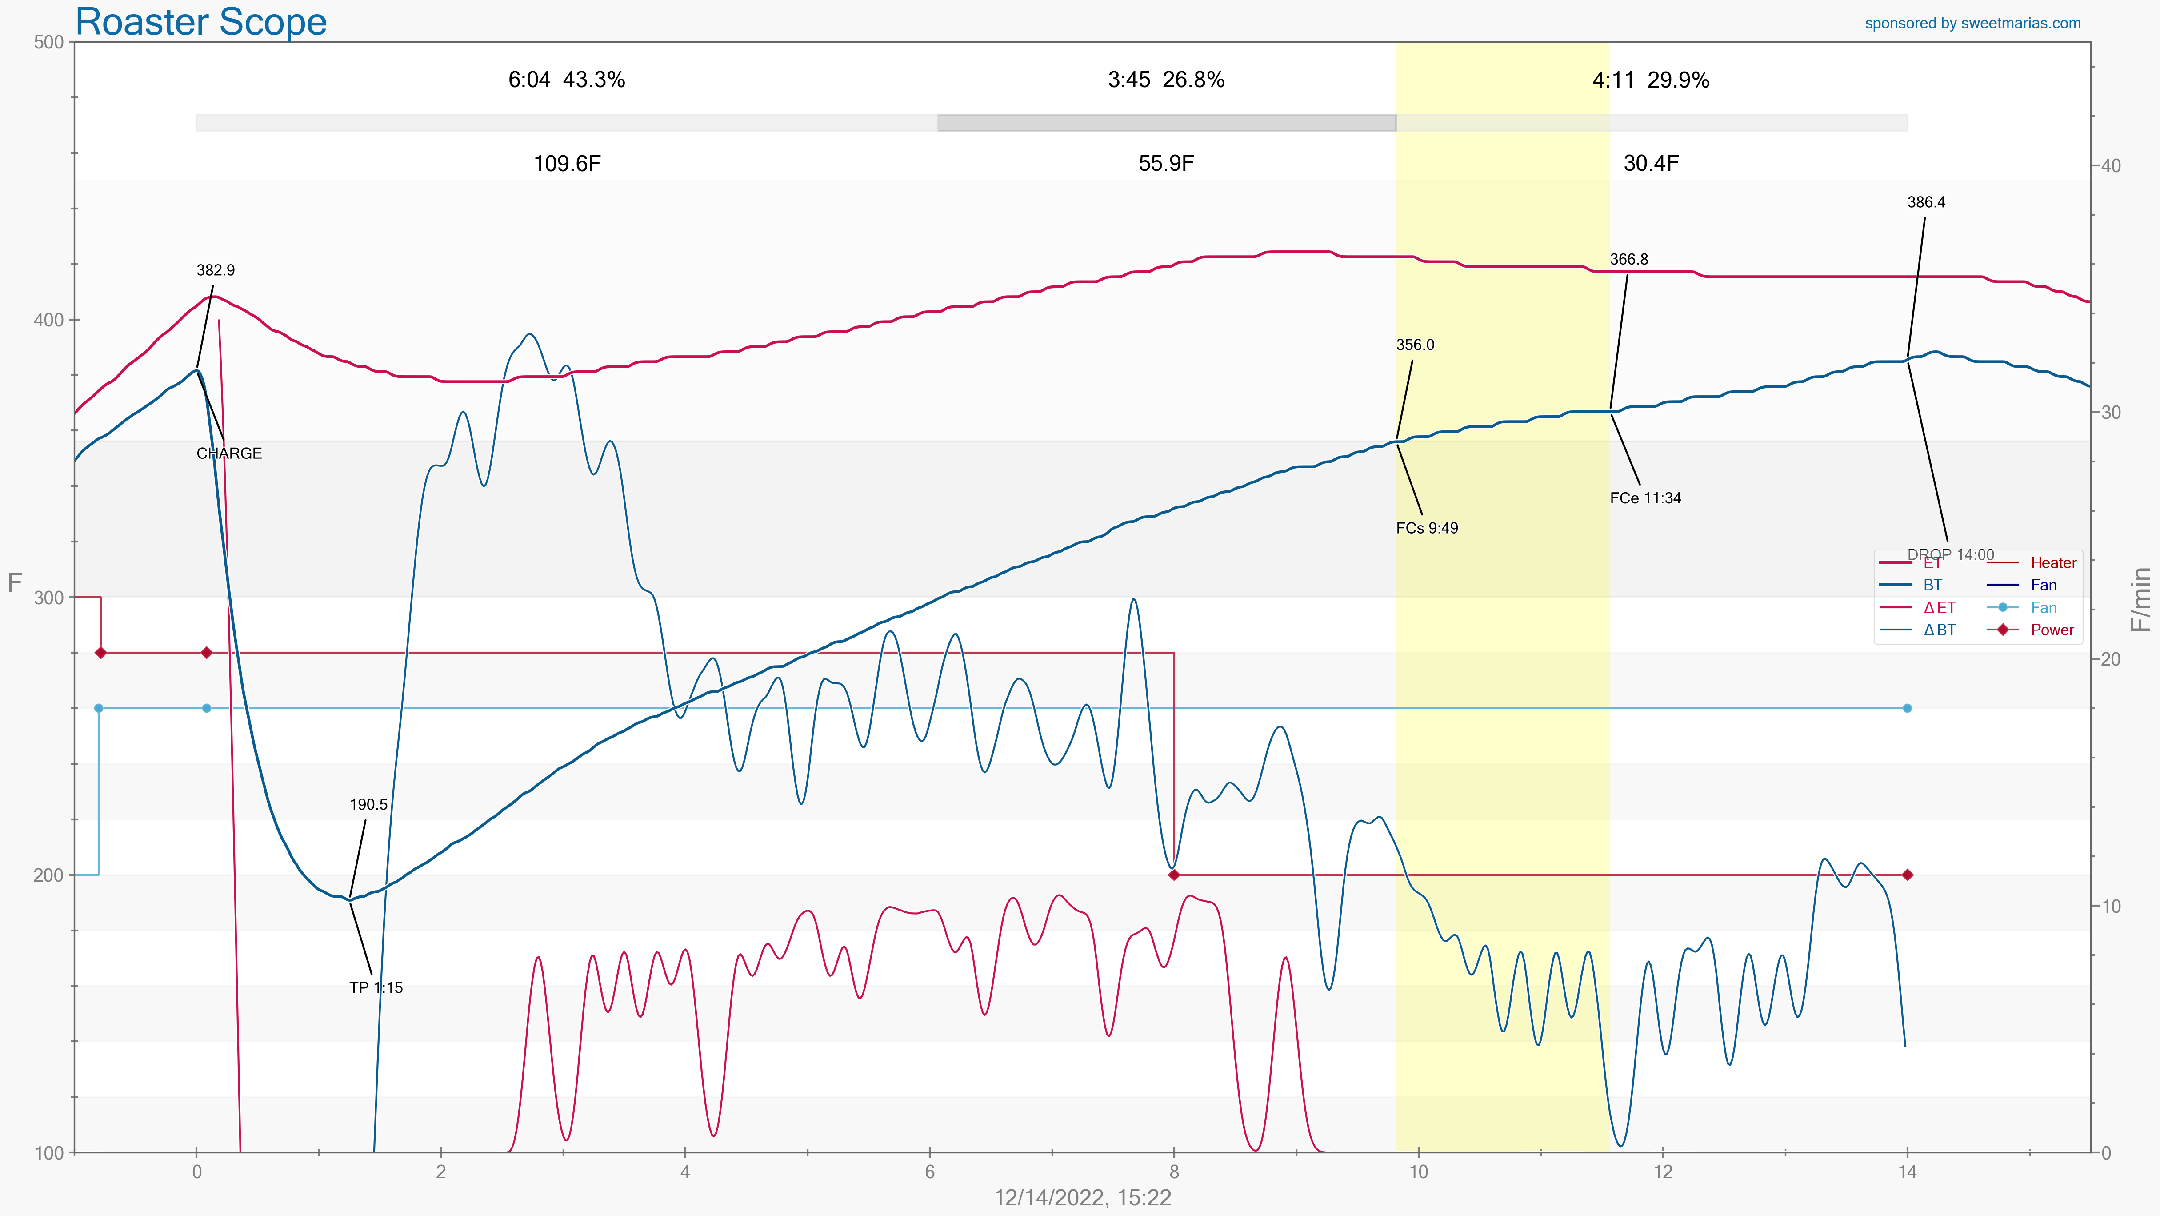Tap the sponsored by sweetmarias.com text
(1972, 24)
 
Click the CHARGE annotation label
(229, 453)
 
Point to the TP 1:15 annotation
(376, 988)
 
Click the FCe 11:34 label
(1645, 498)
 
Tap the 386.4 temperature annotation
(1926, 202)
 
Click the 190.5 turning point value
(368, 805)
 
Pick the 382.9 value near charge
(216, 270)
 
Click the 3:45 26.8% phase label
(1165, 80)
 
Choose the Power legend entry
(2052, 630)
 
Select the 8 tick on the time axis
(1174, 1172)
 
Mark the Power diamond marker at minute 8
(1174, 875)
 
